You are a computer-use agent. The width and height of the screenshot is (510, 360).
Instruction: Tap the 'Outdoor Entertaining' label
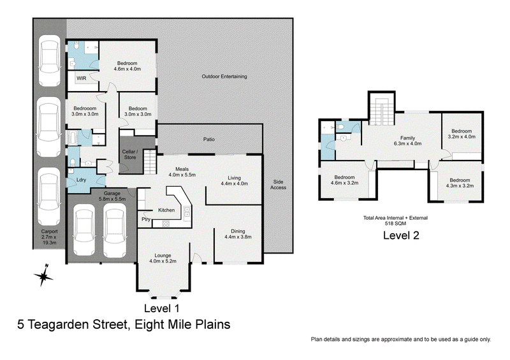coord(224,76)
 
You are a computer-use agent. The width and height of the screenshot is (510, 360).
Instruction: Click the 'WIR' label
coord(82,78)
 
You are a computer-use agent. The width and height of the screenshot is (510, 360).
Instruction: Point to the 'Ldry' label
coord(81,180)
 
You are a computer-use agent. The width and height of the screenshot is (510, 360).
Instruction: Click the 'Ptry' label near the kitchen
coord(145,219)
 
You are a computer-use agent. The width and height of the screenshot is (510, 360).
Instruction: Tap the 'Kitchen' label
coord(166,210)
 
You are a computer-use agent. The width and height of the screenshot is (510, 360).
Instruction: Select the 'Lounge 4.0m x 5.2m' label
coord(162,257)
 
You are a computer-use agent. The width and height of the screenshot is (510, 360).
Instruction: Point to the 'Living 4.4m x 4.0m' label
coord(234,180)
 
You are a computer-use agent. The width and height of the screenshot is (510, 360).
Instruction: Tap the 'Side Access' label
coord(278,184)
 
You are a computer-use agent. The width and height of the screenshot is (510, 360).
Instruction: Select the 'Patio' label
coord(209,138)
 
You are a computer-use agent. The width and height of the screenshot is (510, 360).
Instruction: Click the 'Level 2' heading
coord(400,235)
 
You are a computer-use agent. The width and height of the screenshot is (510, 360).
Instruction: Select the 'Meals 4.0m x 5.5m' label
coord(181,171)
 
